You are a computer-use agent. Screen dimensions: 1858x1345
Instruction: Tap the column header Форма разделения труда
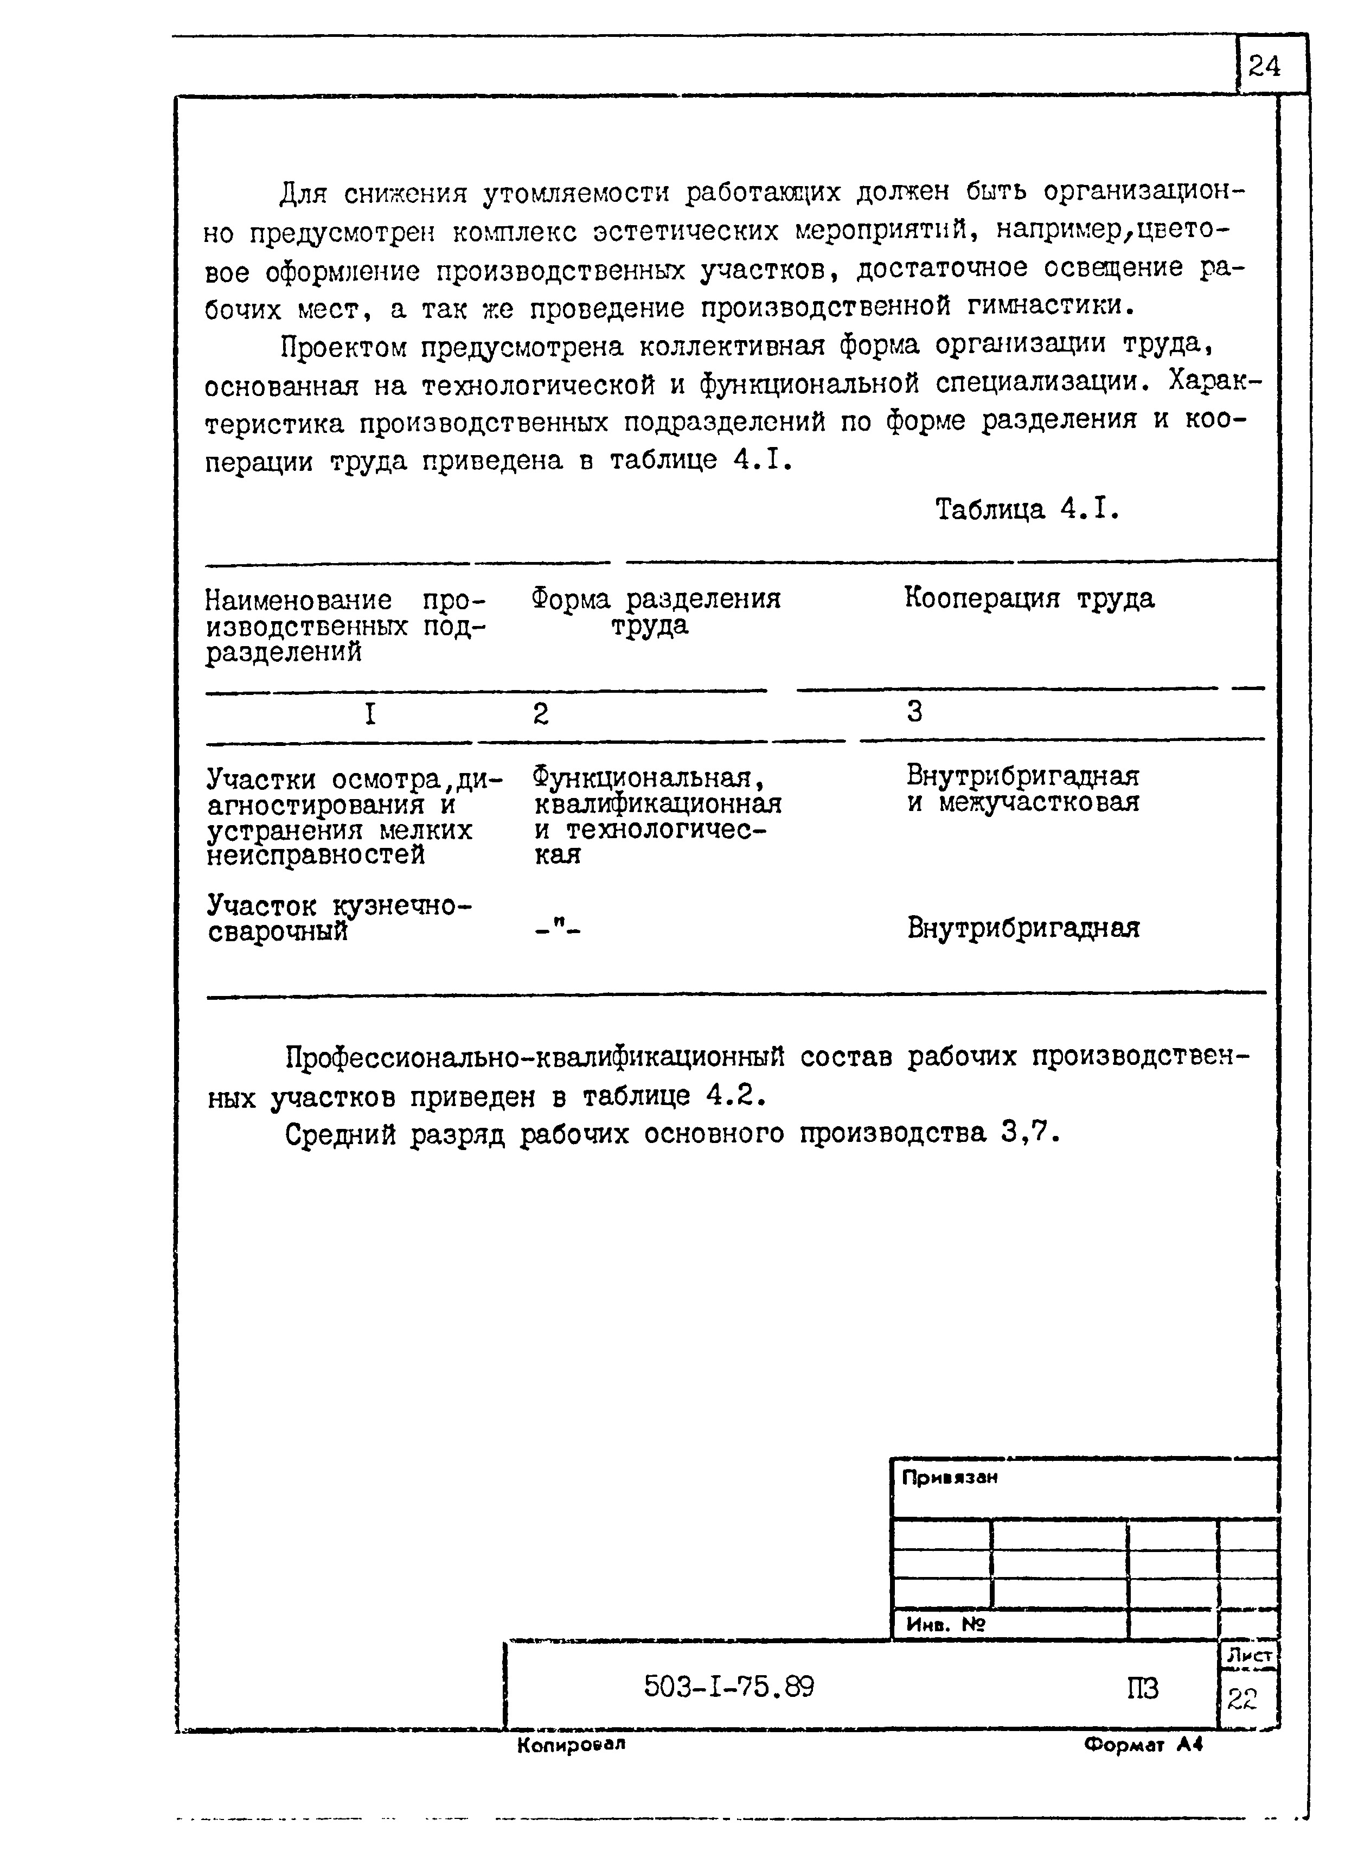pos(655,612)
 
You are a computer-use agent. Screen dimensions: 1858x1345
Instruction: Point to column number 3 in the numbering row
pos(914,711)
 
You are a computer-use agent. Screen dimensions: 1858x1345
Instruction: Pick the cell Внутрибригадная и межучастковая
pos(1022,788)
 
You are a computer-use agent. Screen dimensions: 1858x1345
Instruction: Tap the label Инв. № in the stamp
pos(946,1624)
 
